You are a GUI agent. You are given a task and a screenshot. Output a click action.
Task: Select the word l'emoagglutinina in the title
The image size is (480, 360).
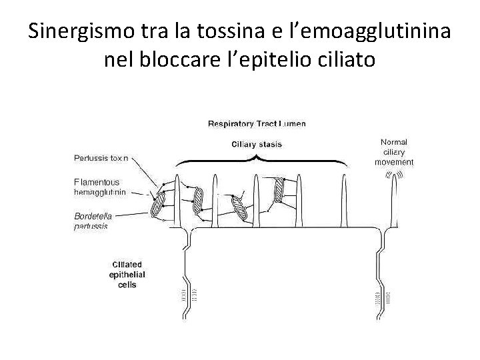click(x=372, y=31)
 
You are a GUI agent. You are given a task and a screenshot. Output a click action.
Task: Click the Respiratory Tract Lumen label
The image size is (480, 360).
click(x=257, y=123)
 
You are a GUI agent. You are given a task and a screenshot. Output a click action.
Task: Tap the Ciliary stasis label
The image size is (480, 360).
click(x=257, y=144)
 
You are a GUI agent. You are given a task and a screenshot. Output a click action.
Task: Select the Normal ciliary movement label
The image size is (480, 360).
click(x=393, y=151)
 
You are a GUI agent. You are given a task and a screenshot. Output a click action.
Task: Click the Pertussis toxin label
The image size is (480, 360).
click(x=101, y=159)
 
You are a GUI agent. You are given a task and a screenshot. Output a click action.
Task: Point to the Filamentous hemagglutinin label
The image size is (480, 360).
click(x=97, y=187)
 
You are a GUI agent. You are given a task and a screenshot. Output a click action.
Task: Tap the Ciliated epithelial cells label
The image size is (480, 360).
click(x=127, y=275)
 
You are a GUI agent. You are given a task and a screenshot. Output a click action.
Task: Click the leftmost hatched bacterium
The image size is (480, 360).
click(x=158, y=205)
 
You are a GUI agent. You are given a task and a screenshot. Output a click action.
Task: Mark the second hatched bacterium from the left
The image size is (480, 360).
click(x=199, y=198)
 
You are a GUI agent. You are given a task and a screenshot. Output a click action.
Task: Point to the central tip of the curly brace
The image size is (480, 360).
click(x=257, y=157)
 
